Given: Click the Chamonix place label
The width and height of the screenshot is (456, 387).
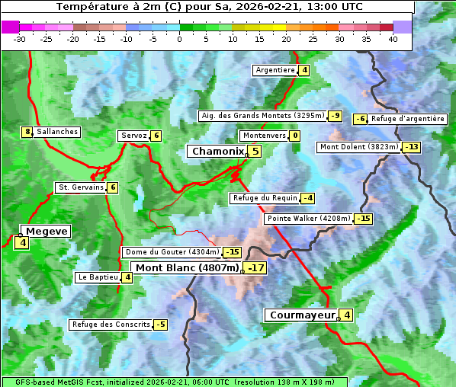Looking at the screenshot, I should coord(217,152).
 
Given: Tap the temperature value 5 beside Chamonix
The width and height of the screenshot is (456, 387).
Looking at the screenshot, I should coord(255,152).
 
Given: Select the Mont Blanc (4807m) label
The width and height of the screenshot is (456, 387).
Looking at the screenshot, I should coord(187,267).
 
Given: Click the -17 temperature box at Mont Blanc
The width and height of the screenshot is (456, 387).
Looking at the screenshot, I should coord(255,267).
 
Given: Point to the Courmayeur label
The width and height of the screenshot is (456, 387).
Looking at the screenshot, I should coord(302,315).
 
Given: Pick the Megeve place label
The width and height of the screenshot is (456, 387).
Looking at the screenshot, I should coord(46,231).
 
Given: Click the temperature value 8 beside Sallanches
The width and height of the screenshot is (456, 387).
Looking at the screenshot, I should coord(27,132).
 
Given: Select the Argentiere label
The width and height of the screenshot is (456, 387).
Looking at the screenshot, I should coord(275,70).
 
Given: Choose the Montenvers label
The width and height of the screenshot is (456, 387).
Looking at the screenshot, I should coord(264,136).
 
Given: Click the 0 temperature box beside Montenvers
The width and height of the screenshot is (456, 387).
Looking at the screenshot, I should coord(294,136).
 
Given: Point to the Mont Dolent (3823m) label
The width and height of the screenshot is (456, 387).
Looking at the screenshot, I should coord(359,146).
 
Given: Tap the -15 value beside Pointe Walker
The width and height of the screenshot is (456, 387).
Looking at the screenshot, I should coord(364,219).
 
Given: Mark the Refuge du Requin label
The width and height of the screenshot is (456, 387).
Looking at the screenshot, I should coord(265,198).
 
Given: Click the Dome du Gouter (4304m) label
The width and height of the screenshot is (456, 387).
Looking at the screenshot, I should coord(172,252).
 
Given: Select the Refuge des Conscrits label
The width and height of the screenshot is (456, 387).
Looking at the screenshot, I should coord(111,325).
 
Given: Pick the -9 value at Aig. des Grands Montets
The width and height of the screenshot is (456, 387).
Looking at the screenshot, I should coord(336,116).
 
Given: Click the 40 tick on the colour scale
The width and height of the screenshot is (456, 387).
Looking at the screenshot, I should coord(393,39).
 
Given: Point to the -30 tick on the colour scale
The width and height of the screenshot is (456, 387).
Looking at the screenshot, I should coord(20,39).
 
